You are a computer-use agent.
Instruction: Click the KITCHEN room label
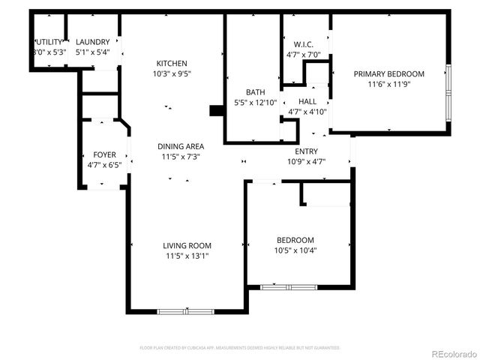click(172, 63)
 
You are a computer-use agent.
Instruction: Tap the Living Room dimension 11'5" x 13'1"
click(187, 256)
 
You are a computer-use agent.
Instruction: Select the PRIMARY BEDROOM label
click(388, 73)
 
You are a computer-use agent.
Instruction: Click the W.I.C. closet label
click(303, 44)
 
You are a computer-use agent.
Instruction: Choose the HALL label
click(307, 102)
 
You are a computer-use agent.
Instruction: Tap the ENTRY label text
click(306, 151)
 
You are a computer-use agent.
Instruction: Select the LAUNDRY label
click(92, 42)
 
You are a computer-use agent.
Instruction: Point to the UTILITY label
click(48, 42)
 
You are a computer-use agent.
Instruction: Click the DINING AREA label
click(181, 146)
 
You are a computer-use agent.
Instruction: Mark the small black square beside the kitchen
click(217, 111)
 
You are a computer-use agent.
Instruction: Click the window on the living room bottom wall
click(186, 310)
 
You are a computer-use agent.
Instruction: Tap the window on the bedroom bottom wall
click(288, 286)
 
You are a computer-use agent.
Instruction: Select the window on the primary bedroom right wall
click(448, 94)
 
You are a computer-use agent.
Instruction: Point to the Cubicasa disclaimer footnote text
click(240, 348)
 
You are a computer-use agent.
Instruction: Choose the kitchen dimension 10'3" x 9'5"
click(172, 73)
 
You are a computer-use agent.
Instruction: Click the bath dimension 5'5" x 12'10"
click(256, 103)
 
